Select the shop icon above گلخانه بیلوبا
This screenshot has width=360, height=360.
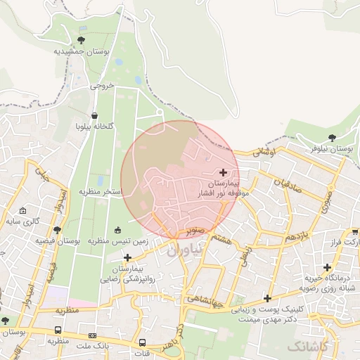click(95, 115)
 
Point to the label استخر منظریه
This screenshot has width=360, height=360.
click(100, 191)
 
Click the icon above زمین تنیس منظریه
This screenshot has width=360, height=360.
click(117, 229)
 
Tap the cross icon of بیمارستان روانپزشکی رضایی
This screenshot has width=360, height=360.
click(127, 257)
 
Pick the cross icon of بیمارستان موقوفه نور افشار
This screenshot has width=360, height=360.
click(224, 172)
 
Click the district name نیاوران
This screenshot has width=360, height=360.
click(185, 249)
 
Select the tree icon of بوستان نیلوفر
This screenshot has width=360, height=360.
click(332, 138)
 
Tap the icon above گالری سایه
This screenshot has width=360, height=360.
click(22, 210)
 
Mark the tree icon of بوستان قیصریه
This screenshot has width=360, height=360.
click(57, 229)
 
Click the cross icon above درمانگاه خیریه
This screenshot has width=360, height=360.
click(327, 267)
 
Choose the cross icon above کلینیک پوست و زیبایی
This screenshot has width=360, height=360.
click(266, 297)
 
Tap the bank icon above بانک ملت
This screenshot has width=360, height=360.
click(93, 335)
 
